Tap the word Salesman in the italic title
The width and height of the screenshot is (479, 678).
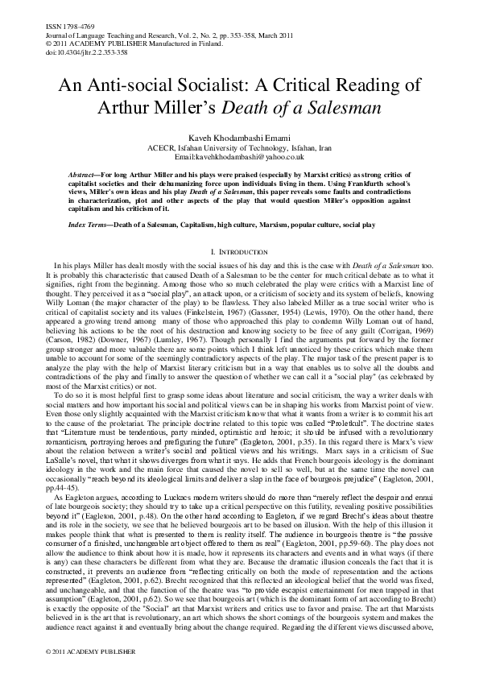pyautogui.click(x=358, y=108)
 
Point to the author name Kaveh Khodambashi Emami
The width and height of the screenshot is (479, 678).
pyautogui.click(x=239, y=138)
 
